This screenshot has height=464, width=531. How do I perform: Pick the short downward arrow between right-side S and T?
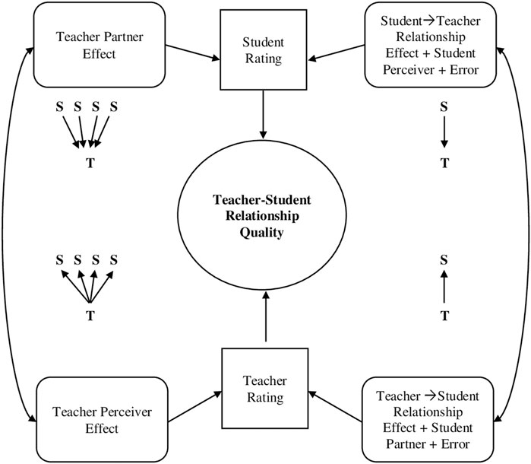[x=444, y=134]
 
